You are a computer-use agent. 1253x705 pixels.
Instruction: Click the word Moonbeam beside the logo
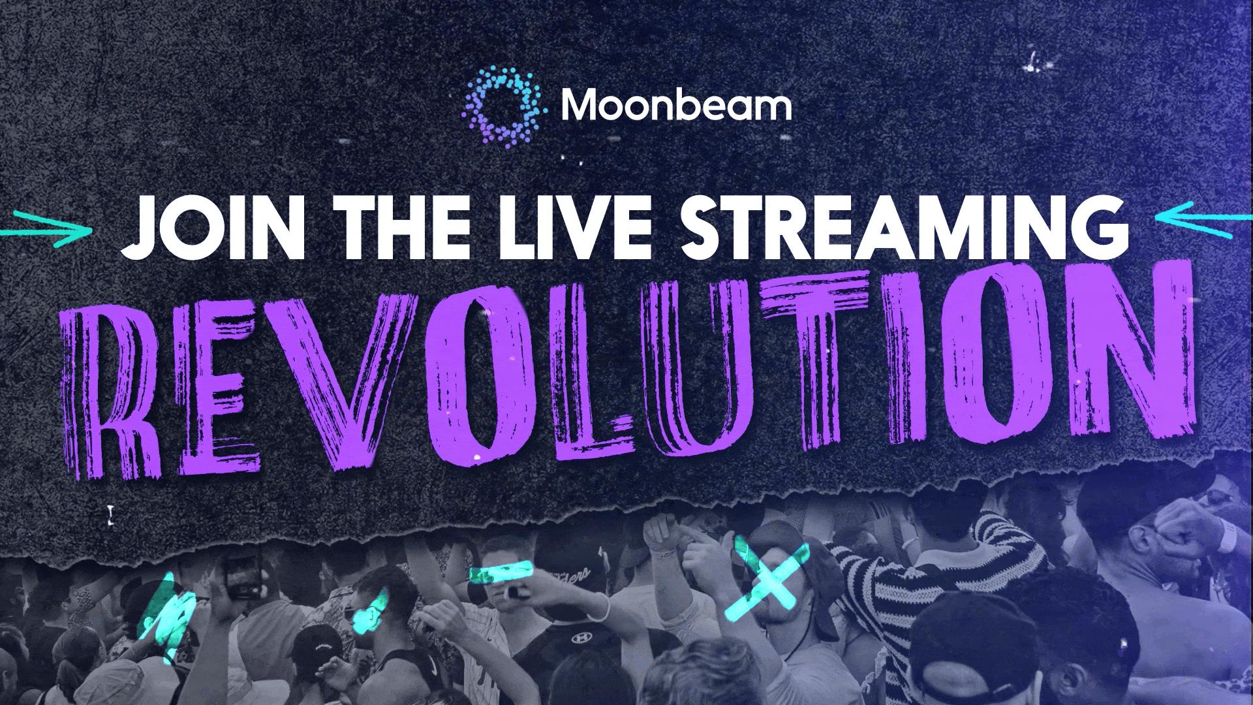675,106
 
